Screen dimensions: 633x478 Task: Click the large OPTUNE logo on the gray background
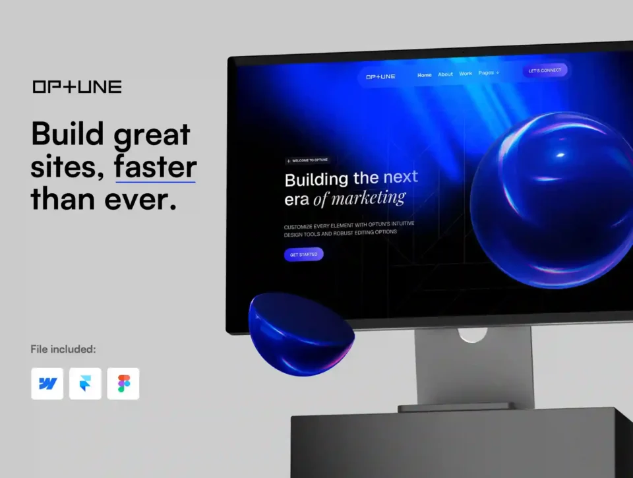coord(77,87)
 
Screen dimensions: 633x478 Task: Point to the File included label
coord(63,349)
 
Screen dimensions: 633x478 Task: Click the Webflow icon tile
coord(47,384)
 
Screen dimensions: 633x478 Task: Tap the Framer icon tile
coord(85,384)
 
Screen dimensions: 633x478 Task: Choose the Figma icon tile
coord(123,384)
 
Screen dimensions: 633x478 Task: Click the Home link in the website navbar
coord(424,75)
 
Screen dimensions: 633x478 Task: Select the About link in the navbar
coord(445,75)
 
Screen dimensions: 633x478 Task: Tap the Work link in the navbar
coord(466,73)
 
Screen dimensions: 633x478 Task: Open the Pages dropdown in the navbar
coord(489,73)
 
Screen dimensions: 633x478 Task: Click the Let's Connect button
coord(545,71)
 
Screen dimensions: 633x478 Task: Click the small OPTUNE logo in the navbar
coord(380,76)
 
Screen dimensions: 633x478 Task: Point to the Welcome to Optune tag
coord(308,160)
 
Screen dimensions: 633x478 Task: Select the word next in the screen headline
coord(400,177)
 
